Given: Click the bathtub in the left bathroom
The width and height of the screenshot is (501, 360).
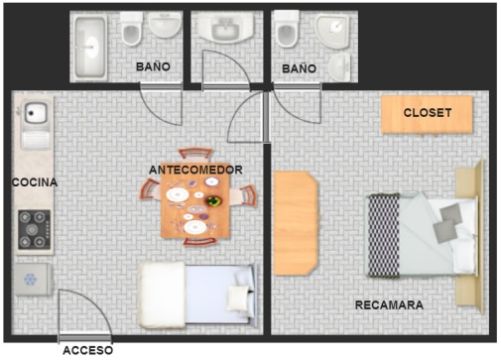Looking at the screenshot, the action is point(90,47).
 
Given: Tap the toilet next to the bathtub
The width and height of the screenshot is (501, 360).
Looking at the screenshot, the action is point(131,29).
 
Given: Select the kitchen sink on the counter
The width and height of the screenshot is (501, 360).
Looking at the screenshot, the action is point(36,124).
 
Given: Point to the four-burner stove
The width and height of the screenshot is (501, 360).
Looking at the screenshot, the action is point(35,229).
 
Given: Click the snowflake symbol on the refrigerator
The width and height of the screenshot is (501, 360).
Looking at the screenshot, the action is point(30,280).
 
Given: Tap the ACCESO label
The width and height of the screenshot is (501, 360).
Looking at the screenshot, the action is point(87,350).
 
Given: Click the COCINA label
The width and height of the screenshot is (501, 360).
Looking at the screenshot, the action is point(35,182).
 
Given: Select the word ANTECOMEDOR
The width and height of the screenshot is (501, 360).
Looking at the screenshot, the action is point(195,170).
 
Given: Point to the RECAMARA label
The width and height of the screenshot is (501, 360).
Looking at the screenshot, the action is point(389,305).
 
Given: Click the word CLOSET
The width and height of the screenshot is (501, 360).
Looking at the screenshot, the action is point(428,113).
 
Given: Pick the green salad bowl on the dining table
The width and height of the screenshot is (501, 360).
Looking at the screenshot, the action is point(213,201).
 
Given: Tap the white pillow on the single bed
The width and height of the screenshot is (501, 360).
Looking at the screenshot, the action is point(238,298).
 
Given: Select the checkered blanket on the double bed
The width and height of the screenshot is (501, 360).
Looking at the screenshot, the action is point(384,235).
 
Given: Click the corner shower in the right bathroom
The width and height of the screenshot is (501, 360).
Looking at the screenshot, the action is point(332,31).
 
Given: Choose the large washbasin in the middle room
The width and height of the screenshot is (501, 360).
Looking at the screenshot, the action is point(225,28).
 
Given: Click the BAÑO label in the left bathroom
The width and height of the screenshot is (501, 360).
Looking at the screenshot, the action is point(153,66).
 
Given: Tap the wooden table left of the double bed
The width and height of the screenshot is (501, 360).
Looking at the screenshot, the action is point(296,223).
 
